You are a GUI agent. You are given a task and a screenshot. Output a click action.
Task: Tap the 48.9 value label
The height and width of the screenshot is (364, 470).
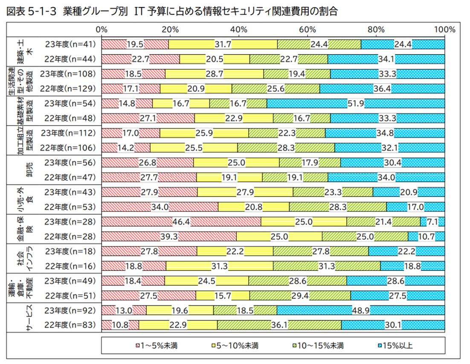click(x=360, y=311)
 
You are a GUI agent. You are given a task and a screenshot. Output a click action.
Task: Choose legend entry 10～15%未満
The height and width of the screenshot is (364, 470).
click(x=320, y=345)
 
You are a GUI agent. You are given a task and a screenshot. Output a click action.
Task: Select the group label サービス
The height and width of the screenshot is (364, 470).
click(x=29, y=318)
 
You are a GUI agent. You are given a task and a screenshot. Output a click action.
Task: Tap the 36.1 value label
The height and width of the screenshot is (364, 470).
click(x=279, y=326)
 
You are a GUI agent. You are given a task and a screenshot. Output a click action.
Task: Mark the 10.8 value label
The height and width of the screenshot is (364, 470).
click(x=120, y=326)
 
